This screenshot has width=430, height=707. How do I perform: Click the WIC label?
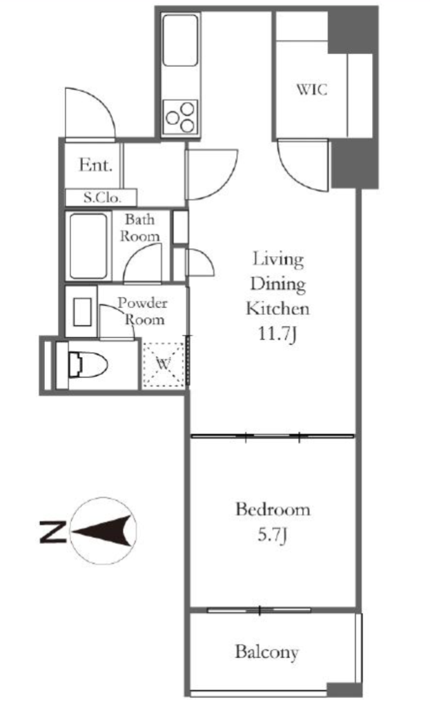(311, 89)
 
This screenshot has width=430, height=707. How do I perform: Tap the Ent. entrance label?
(95, 165)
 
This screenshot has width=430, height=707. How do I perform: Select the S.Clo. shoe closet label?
(102, 197)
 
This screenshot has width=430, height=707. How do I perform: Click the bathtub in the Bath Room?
(89, 246)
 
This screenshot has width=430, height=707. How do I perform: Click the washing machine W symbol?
(164, 365)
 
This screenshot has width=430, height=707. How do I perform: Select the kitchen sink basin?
(180, 41)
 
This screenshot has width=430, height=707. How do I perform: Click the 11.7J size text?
(277, 335)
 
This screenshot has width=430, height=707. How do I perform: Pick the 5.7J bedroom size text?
(273, 535)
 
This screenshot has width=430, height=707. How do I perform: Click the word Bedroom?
(273, 510)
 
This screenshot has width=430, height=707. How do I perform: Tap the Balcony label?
(267, 652)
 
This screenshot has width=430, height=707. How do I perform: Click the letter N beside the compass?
(52, 531)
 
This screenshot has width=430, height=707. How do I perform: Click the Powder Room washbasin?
(83, 311)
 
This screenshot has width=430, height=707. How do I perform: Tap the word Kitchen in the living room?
(277, 309)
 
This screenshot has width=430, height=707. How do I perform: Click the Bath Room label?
(139, 228)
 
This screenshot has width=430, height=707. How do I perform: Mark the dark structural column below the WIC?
(354, 164)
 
